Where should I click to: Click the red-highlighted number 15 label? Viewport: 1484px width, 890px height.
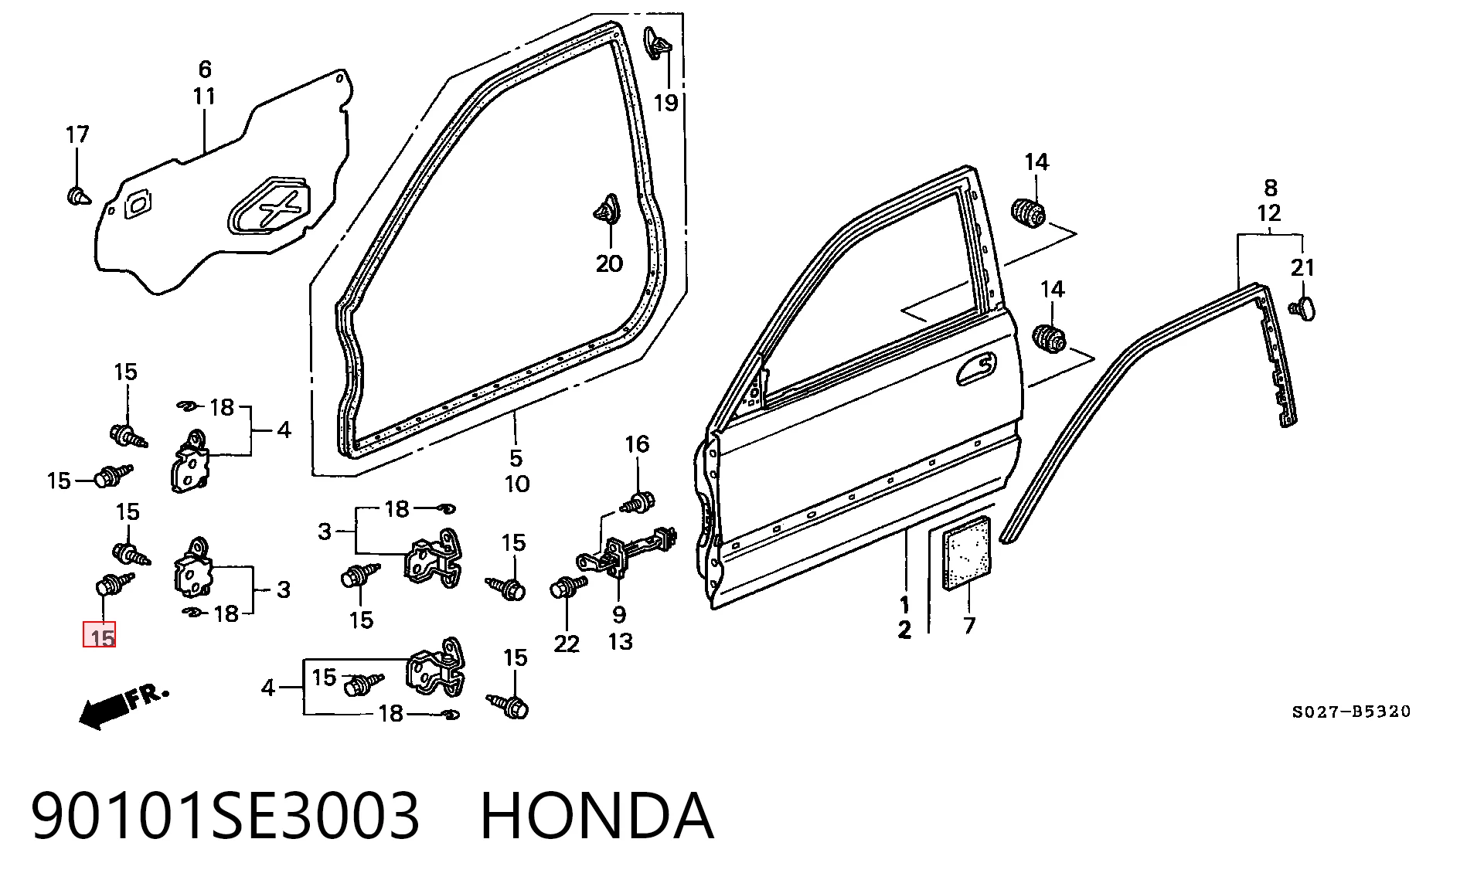(x=100, y=636)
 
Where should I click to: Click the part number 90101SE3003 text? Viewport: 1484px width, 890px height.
(x=225, y=816)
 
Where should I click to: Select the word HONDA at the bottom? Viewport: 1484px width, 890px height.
(x=597, y=816)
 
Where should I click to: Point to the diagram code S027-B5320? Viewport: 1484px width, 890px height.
(x=1351, y=712)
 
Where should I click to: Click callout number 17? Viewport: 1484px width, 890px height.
(x=77, y=134)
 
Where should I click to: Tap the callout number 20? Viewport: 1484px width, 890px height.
(x=609, y=263)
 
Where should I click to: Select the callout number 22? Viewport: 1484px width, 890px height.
(x=567, y=644)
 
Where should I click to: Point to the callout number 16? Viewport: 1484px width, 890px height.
(x=637, y=444)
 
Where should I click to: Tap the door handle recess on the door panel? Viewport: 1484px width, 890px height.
(x=976, y=368)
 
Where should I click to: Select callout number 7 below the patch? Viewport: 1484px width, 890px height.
(x=969, y=624)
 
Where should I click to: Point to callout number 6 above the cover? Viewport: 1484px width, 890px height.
(x=204, y=70)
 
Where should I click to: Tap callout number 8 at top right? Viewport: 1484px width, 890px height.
(x=1271, y=187)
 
